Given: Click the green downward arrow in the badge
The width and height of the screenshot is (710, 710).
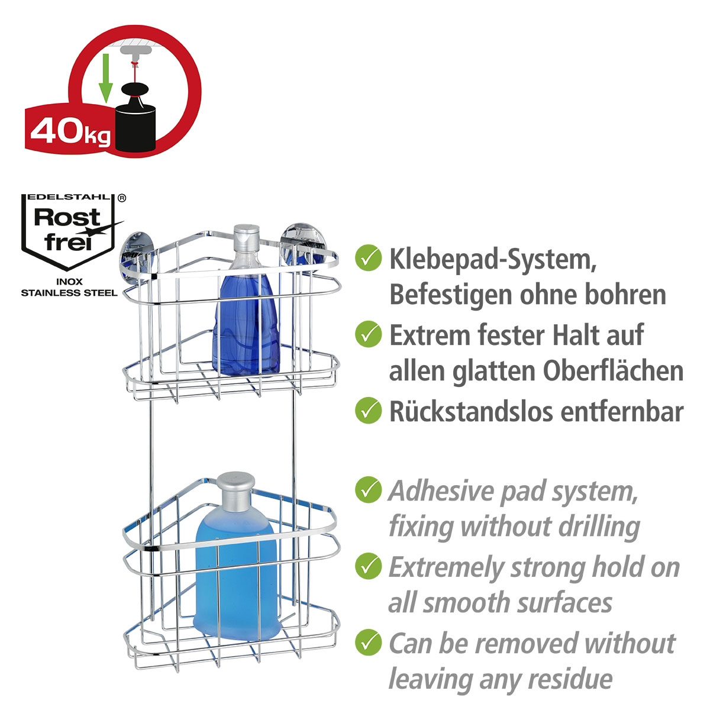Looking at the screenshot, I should [x=105, y=78].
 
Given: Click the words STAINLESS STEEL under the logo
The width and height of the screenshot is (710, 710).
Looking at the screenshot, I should [x=70, y=293].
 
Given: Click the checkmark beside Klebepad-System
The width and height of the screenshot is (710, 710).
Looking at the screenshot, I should [x=368, y=257].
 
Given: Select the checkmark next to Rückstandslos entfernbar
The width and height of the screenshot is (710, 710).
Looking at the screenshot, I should [x=368, y=410].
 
